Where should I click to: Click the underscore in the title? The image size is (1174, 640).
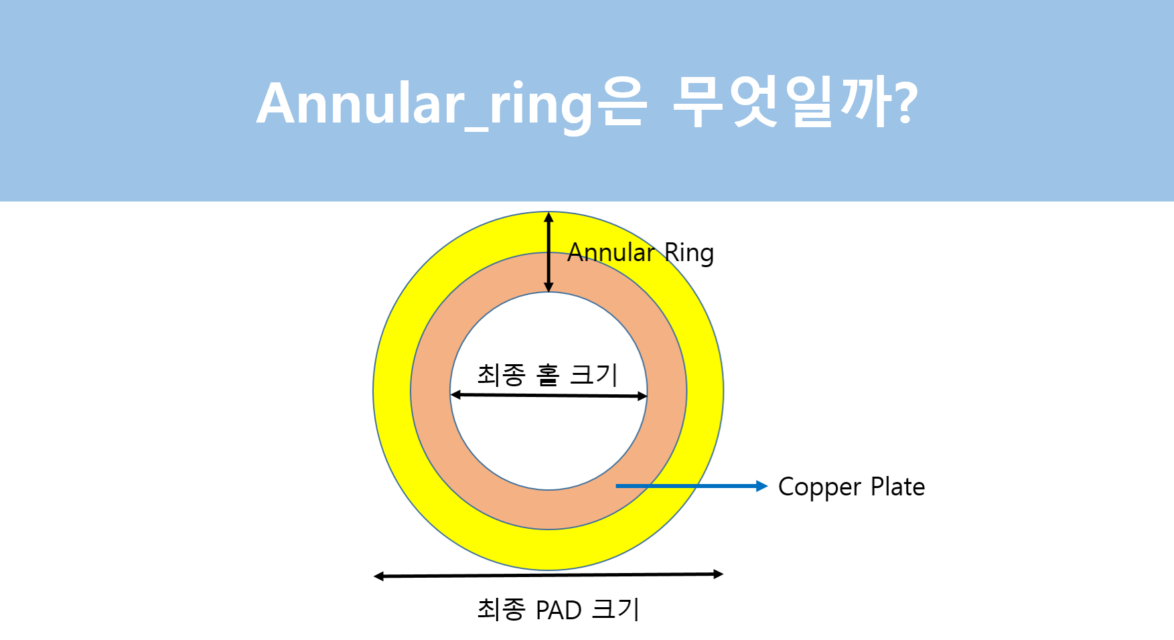[x=478, y=127]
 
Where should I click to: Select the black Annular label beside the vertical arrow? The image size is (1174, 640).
[x=611, y=252]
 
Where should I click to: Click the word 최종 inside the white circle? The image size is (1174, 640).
[x=501, y=375]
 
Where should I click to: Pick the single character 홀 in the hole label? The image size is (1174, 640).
[x=548, y=375]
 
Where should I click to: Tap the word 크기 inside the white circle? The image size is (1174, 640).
[x=593, y=375]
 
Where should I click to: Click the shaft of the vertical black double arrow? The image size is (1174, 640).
[x=548, y=252]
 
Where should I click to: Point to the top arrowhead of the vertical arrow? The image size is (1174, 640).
[x=548, y=217]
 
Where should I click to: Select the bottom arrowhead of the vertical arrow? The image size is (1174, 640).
[x=548, y=288]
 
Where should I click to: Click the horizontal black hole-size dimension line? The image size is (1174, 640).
[x=548, y=396]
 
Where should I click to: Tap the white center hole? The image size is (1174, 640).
[x=548, y=442]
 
